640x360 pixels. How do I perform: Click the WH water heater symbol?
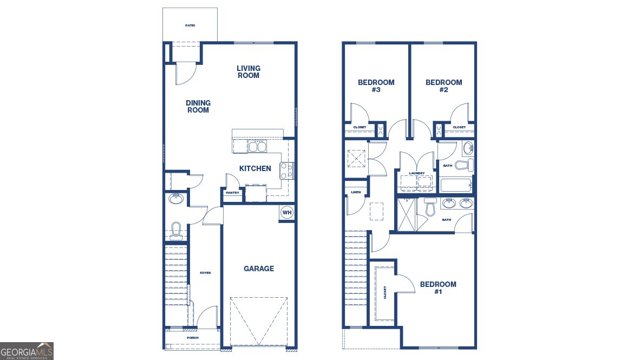[286, 213]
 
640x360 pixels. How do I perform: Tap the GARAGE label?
[259, 269]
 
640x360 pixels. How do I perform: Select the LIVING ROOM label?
[249, 72]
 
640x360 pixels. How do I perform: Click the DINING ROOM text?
[198, 107]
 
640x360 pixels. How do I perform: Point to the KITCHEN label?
[255, 169]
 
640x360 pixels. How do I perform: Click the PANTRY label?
[232, 193]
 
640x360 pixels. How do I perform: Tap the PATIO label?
[190, 25]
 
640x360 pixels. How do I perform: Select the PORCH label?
[192, 338]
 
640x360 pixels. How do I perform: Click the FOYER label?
[205, 273]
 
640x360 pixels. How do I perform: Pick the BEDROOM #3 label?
[376, 86]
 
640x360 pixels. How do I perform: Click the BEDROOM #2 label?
[444, 86]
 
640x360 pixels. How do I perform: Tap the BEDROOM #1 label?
[438, 287]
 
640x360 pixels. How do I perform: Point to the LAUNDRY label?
[417, 173]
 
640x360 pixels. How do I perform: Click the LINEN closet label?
[356, 192]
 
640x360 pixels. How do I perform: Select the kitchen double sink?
[257, 146]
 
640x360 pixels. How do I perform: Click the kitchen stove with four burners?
[286, 171]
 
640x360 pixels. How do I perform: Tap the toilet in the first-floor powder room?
[176, 230]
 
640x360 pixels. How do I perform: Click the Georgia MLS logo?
[27, 351]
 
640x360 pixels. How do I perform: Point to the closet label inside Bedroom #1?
[385, 293]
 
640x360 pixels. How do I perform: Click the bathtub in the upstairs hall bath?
[456, 186]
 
